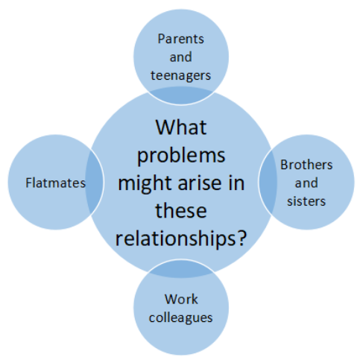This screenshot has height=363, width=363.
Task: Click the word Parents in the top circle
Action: [180, 39]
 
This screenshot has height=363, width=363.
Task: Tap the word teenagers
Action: [180, 75]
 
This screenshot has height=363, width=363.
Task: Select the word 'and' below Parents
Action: [180, 57]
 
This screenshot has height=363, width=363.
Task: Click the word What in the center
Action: [181, 127]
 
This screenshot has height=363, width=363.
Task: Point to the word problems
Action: [181, 157]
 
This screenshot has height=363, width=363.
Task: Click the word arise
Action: [199, 183]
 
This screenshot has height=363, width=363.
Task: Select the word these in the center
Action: [181, 210]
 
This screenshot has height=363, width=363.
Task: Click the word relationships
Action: [175, 239]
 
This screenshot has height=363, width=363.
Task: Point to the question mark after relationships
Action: [242, 238]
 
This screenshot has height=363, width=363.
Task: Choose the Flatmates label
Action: [55, 183]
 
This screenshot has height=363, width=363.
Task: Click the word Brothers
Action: [306, 165]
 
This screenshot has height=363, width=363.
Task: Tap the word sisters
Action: [306, 201]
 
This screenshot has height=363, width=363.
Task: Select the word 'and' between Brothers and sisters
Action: [306, 183]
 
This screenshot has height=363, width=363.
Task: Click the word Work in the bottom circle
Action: [181, 299]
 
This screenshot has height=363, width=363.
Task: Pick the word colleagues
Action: [180, 318]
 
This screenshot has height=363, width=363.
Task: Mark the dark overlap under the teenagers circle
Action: [181, 96]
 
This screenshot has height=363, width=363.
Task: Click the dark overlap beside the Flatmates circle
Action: [95, 182]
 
